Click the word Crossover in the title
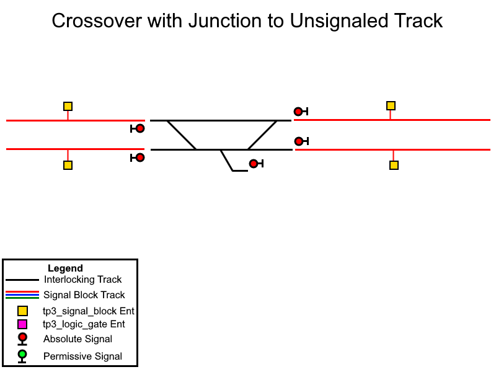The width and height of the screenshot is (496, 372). [x=97, y=21]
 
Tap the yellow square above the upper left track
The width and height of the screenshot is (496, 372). [x=68, y=106]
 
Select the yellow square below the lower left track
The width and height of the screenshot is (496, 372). [x=68, y=165]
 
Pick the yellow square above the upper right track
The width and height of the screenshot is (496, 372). [x=391, y=105]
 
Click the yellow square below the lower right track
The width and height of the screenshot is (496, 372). [x=394, y=165]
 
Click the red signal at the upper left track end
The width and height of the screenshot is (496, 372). [x=138, y=128]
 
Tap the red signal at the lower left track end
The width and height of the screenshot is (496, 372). [x=138, y=157]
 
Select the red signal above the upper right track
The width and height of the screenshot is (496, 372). [x=301, y=112]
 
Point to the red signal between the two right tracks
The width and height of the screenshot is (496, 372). [x=301, y=141]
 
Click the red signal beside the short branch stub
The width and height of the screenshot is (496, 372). [x=256, y=164]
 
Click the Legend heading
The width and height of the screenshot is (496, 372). [x=65, y=268]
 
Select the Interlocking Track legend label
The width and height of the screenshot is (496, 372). [x=83, y=280]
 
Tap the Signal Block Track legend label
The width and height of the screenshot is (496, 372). [x=84, y=295]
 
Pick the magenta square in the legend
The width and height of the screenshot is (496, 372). [x=22, y=324]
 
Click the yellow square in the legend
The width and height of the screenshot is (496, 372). [x=22, y=311]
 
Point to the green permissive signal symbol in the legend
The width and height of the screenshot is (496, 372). [x=22, y=356]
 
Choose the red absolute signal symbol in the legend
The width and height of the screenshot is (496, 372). [x=22, y=339]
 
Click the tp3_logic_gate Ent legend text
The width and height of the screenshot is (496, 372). [x=84, y=324]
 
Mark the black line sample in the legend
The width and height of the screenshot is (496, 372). [x=22, y=280]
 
